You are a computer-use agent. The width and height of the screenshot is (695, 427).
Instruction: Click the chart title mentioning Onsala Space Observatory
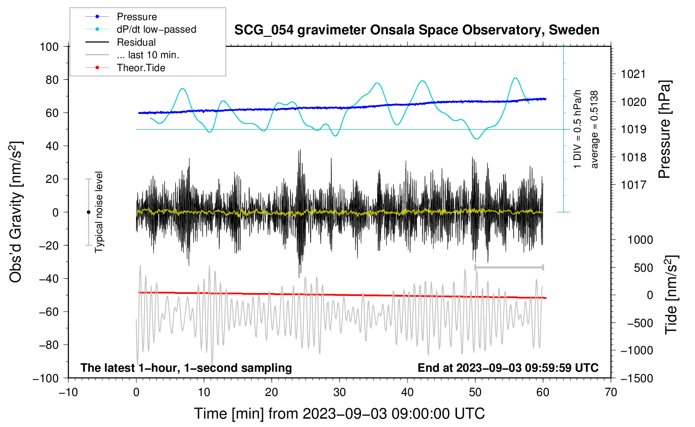point(417,30)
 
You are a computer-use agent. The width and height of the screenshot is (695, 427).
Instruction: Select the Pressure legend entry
point(136,17)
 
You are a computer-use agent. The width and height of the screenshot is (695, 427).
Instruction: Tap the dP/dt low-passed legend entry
point(156,29)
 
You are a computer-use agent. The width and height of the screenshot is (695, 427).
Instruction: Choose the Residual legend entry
point(136,42)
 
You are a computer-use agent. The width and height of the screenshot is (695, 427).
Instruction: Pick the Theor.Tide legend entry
point(141,68)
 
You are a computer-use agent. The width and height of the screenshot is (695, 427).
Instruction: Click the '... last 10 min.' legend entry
point(148,55)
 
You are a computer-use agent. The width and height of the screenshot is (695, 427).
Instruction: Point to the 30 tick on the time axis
point(340,392)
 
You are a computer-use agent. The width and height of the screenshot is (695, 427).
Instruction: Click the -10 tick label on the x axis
point(68,392)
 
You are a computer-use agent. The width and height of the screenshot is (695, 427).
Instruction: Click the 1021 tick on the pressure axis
point(633,75)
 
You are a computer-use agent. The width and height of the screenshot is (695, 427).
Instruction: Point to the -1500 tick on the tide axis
point(636,378)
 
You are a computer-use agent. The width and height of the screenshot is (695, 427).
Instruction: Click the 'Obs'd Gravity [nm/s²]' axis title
point(16,212)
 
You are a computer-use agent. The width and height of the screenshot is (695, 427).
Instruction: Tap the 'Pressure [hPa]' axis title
point(664,130)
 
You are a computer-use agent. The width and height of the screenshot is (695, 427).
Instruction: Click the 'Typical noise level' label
point(99,212)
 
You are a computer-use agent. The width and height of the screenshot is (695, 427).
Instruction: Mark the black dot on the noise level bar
point(88,212)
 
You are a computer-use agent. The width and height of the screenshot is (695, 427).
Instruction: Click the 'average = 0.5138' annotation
point(595,130)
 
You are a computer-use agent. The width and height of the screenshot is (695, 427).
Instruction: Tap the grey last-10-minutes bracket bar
point(509,267)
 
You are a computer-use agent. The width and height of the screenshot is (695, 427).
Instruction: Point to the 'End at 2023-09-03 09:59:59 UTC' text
point(508,368)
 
